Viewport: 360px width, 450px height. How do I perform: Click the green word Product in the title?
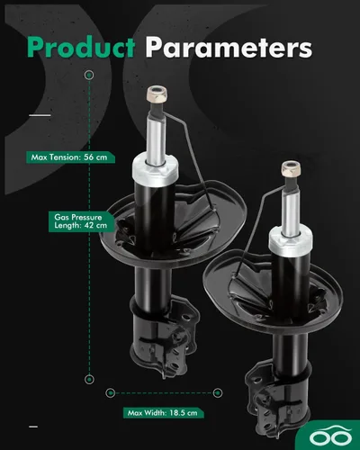(81, 47)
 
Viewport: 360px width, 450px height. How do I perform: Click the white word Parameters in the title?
(229, 47)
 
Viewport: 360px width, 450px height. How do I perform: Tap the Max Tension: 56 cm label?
(70, 157)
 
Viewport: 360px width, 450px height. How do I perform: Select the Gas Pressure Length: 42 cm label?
(81, 221)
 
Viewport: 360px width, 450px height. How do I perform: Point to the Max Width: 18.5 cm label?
(163, 413)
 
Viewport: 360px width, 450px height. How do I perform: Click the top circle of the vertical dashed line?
(89, 75)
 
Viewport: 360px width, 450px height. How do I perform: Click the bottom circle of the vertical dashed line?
(89, 379)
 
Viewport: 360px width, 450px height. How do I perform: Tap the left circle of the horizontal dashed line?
(111, 392)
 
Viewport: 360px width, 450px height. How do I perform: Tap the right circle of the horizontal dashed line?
(218, 392)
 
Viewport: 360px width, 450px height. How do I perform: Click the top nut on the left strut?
(157, 94)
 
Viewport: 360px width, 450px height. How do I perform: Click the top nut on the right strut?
(292, 168)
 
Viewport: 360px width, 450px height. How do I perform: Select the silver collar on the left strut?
(155, 170)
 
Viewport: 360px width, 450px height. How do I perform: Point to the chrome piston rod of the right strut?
(291, 213)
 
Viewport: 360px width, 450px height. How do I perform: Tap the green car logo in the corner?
(330, 436)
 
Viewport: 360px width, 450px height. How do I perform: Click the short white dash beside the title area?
(40, 115)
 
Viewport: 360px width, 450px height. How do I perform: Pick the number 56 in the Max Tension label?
(89, 157)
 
